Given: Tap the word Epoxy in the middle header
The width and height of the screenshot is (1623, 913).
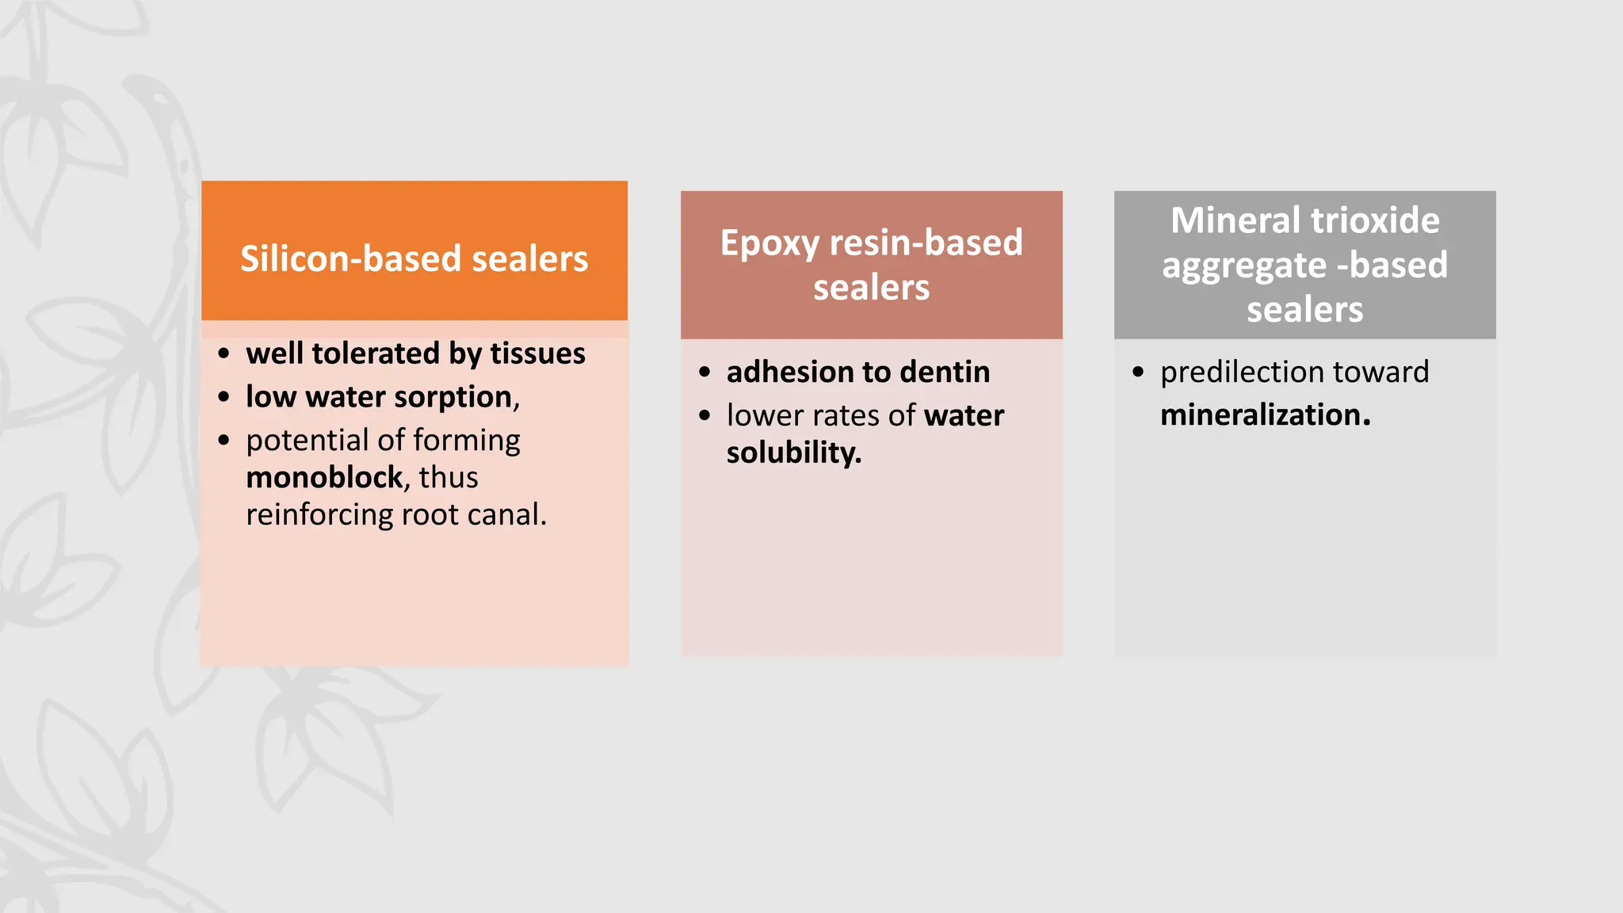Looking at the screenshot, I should click(769, 243).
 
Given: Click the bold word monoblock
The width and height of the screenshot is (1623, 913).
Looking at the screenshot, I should click(325, 478).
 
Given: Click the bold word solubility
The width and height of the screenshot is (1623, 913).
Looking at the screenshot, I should click(793, 453).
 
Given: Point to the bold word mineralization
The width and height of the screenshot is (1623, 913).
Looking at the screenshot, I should click(1265, 415).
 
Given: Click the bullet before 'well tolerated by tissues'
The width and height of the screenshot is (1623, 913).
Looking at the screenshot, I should click(224, 353).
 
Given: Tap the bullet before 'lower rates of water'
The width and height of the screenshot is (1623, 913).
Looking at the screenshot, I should click(705, 415).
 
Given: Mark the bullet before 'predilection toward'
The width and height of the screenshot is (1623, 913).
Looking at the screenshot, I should click(1138, 372).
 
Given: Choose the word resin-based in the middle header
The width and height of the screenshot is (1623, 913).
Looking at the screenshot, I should click(926, 243).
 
